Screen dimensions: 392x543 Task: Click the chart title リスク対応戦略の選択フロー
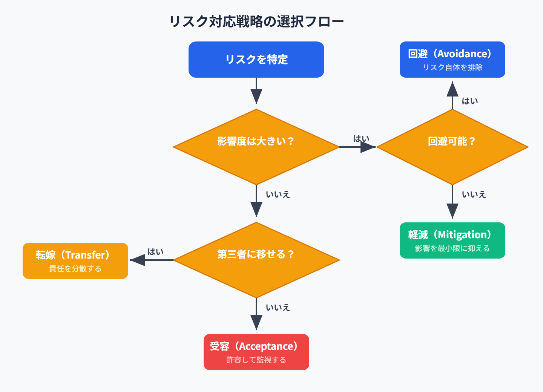(x=256, y=21)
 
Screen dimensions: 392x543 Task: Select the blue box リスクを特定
(x=256, y=60)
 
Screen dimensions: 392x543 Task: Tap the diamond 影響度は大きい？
(x=256, y=147)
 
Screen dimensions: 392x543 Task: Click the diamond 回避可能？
(x=452, y=147)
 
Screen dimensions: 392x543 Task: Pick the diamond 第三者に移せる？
(x=256, y=260)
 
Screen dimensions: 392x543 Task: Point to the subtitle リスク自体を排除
(x=452, y=67)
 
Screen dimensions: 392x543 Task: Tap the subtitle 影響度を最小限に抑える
(x=452, y=248)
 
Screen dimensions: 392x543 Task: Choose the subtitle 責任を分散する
(x=75, y=269)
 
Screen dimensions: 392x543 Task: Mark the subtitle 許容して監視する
(x=256, y=360)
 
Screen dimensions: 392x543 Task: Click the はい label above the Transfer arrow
(x=155, y=252)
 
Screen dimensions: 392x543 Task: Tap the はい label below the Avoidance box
(x=470, y=101)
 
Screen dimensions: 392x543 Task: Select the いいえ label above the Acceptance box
(x=278, y=308)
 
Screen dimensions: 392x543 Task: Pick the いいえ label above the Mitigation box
(x=474, y=194)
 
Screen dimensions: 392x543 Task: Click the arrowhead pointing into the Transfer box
(x=137, y=260)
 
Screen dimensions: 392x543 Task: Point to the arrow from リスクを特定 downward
(x=256, y=90)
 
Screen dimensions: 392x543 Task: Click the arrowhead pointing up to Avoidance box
(x=452, y=89)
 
